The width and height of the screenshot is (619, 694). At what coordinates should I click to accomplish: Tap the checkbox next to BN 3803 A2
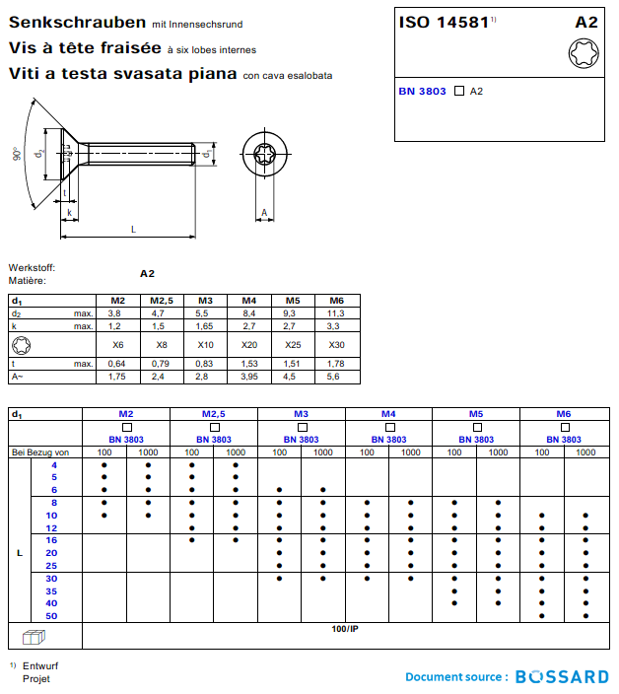point(458,91)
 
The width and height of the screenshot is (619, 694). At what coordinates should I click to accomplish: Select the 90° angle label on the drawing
point(17,155)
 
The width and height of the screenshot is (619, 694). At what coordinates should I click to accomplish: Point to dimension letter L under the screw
point(134,229)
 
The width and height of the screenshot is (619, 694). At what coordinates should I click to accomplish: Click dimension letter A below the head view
point(264,212)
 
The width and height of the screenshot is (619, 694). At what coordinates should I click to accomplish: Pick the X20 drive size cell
point(249,345)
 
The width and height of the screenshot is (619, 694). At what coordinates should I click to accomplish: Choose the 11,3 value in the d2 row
point(336,312)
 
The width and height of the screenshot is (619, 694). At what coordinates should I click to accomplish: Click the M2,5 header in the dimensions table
point(162,300)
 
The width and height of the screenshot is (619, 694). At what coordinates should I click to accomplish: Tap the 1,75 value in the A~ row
point(117,377)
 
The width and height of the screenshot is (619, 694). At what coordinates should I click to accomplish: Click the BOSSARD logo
point(563,676)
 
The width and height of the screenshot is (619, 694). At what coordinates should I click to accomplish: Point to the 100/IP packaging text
point(345,628)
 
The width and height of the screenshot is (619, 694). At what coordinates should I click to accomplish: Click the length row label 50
point(52,616)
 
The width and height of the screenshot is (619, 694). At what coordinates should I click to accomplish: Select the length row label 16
point(52,540)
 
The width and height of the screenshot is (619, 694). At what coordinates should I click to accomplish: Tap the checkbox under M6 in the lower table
point(564,427)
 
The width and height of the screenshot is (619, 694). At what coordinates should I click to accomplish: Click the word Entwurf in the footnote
point(41,665)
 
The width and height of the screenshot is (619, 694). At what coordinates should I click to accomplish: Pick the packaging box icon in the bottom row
point(34,636)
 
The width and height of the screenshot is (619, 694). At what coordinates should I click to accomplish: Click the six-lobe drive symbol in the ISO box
point(583,52)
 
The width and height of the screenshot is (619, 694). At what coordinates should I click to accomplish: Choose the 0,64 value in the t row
point(117,364)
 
